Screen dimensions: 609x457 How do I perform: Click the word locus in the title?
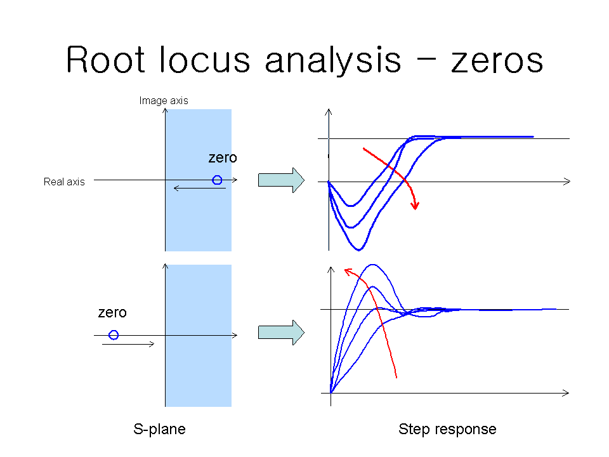pyautogui.click(x=205, y=59)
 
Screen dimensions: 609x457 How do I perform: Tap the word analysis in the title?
pyautogui.click(x=333, y=61)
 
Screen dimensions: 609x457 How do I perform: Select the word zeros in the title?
pyautogui.click(x=497, y=62)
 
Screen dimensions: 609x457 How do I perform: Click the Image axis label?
pyautogui.click(x=164, y=101)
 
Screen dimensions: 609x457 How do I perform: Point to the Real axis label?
pyautogui.click(x=64, y=182)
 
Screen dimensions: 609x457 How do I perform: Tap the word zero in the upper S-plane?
pyautogui.click(x=223, y=157)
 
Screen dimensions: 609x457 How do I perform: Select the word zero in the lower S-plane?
pyautogui.click(x=112, y=312)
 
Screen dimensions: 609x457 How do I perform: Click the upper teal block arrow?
pyautogui.click(x=281, y=180)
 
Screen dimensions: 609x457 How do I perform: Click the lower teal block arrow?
pyautogui.click(x=281, y=333)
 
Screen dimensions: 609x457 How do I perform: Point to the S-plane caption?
pyautogui.click(x=159, y=429)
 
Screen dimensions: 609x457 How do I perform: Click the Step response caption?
pyautogui.click(x=447, y=429)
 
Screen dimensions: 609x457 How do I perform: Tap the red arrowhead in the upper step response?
pyautogui.click(x=415, y=205)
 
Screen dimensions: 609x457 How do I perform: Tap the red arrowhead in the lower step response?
pyautogui.click(x=348, y=271)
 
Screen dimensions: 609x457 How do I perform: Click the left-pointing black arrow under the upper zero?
pyautogui.click(x=200, y=188)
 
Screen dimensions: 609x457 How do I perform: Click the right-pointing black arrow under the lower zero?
pyautogui.click(x=128, y=344)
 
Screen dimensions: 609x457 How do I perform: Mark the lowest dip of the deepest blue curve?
pyautogui.click(x=358, y=250)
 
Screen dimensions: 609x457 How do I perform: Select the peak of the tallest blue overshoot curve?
pyautogui.click(x=373, y=265)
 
